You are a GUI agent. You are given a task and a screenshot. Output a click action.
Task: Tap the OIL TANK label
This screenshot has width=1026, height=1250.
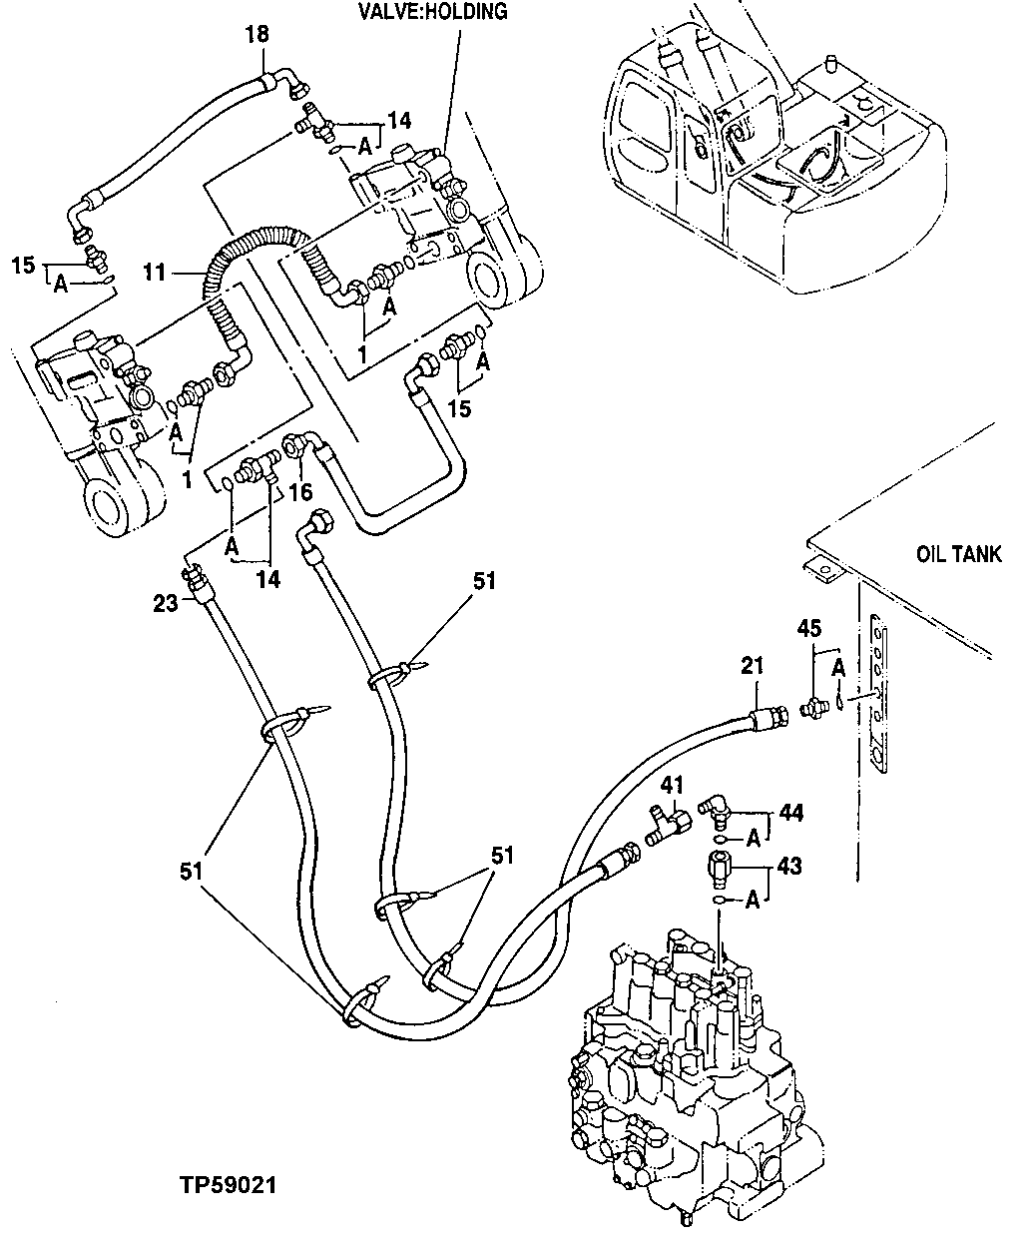coord(958,555)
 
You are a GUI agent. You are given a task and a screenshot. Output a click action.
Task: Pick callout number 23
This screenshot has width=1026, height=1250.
coord(166,602)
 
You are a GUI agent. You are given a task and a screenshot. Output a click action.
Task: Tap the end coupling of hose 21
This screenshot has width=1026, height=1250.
coord(769,715)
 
